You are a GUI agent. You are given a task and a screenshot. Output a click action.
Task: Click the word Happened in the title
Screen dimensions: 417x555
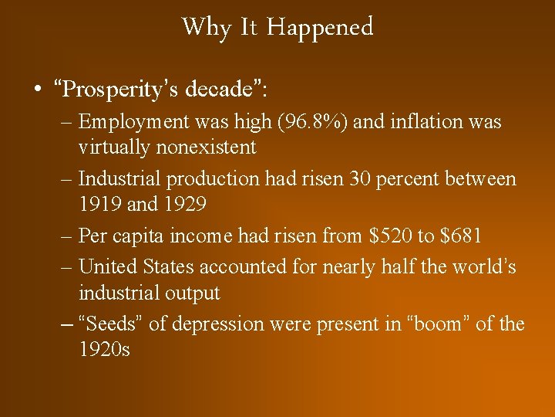click(x=321, y=28)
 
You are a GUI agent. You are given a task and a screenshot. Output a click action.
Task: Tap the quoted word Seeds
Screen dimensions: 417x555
click(x=111, y=324)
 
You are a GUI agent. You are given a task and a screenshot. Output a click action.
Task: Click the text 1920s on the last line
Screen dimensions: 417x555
click(x=104, y=350)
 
